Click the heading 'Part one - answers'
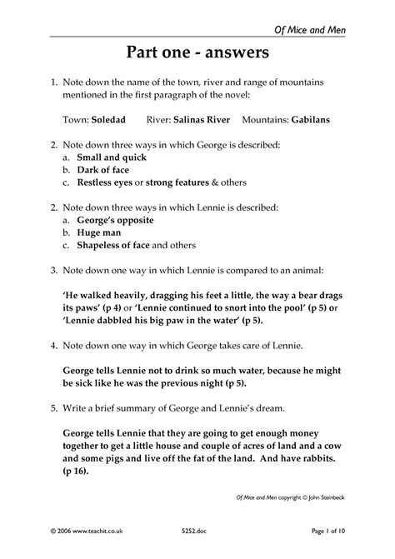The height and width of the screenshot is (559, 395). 197,54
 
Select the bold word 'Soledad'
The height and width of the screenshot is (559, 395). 109,119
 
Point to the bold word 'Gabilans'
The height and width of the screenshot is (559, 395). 310,119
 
